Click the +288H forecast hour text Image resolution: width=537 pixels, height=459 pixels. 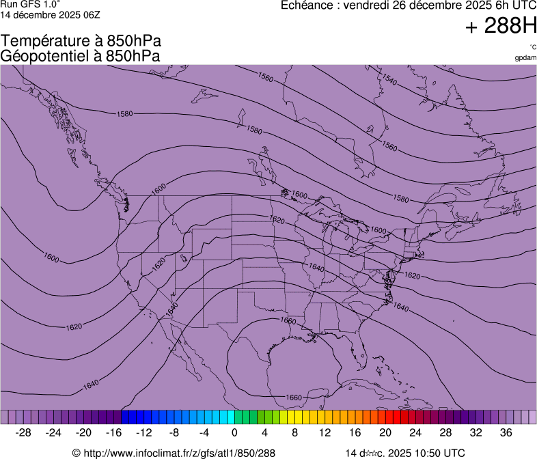500,27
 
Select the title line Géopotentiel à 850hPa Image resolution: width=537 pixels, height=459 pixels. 81,56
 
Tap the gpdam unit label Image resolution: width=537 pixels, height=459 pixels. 525,57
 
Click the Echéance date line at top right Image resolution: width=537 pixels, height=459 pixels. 409,5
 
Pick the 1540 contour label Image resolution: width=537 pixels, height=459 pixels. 389,81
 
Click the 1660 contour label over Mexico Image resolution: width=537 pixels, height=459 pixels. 294,397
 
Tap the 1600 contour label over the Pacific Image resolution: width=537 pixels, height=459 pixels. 51,258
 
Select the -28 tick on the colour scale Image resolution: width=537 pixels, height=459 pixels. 24,432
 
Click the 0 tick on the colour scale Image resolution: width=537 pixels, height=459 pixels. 234,432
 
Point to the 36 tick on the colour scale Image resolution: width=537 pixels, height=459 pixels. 506,432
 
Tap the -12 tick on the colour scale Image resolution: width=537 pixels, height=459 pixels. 144,432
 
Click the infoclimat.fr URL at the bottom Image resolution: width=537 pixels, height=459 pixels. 174,453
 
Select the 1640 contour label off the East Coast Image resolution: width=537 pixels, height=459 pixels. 401,308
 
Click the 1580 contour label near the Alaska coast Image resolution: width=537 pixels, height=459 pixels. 125,114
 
